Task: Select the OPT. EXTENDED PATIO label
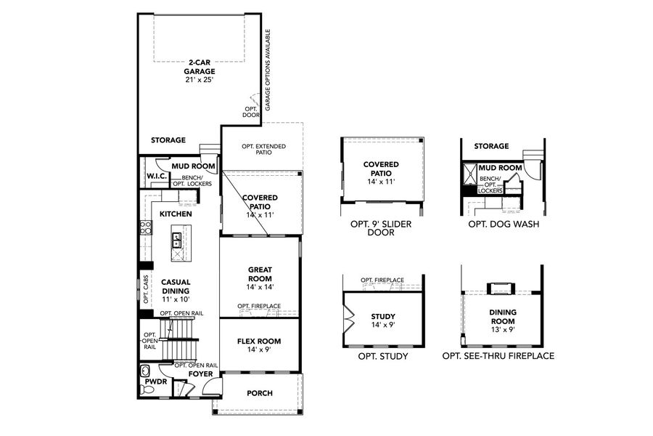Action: point(263,150)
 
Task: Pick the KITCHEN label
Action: point(176,214)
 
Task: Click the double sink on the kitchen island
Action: point(176,239)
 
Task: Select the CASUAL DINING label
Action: point(176,286)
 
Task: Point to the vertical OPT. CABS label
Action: point(145,288)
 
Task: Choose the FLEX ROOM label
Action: point(259,345)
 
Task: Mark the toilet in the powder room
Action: point(148,390)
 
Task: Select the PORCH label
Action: point(259,393)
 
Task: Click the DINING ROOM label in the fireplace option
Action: point(501,316)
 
